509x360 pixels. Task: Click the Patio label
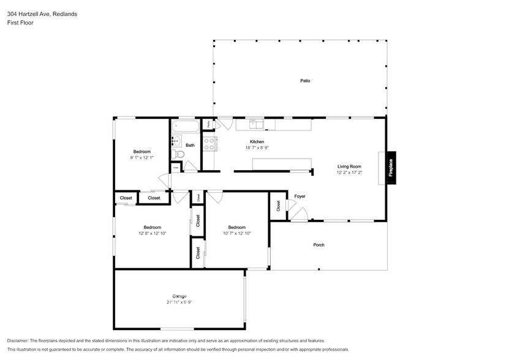[304, 80]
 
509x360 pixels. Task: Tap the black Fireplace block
[391, 168]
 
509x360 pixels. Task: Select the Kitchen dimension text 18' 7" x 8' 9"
[257, 148]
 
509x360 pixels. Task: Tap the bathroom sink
[174, 140]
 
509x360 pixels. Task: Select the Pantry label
[208, 124]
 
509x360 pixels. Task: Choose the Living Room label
[349, 166]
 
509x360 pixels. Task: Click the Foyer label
[300, 197]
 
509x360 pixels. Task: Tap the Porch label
[319, 245]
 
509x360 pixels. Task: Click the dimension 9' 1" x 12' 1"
[142, 158]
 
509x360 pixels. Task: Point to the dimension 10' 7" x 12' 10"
[236, 233]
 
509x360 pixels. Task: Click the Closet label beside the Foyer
[278, 206]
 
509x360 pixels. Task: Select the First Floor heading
[21, 23]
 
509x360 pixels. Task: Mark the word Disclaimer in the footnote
[21, 340]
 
